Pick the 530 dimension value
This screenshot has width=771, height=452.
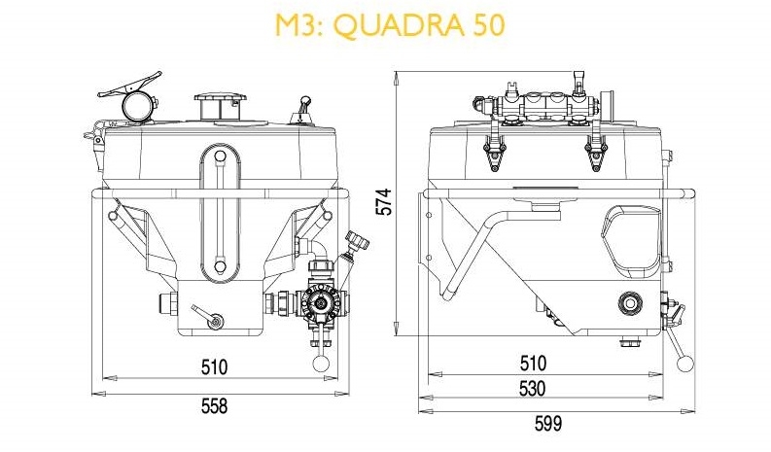click(x=531, y=389)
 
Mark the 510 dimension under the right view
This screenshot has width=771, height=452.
click(x=531, y=365)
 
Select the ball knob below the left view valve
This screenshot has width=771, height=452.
click(x=321, y=361)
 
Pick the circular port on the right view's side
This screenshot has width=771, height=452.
click(x=631, y=305)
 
